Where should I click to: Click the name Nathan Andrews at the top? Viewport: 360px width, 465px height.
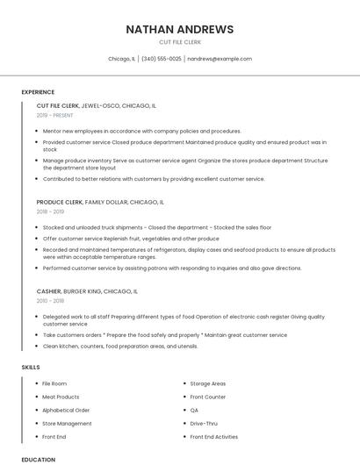[179, 29]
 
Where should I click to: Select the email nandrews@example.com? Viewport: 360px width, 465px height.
[220, 59]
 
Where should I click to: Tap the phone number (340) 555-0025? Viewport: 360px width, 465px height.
[161, 59]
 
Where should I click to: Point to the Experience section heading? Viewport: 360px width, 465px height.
[38, 92]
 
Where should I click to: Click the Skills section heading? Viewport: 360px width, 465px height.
[31, 366]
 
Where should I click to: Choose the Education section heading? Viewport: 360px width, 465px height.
[38, 459]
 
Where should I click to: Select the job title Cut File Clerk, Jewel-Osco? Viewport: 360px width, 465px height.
[97, 105]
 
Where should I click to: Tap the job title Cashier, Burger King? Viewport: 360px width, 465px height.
[87, 290]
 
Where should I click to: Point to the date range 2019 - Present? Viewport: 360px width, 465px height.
[55, 115]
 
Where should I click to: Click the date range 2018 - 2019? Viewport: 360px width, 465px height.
[50, 211]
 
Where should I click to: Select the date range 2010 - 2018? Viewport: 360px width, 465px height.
[50, 300]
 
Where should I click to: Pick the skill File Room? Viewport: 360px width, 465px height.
[54, 383]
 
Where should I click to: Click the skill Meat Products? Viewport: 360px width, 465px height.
[61, 397]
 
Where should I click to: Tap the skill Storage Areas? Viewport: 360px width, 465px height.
[208, 383]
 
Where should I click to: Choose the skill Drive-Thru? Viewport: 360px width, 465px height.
[204, 423]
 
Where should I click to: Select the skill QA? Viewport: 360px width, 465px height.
[195, 410]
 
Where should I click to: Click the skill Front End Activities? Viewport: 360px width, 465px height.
[214, 436]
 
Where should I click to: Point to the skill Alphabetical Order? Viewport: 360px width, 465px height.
[66, 410]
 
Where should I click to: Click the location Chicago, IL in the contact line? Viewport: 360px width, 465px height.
[121, 59]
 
